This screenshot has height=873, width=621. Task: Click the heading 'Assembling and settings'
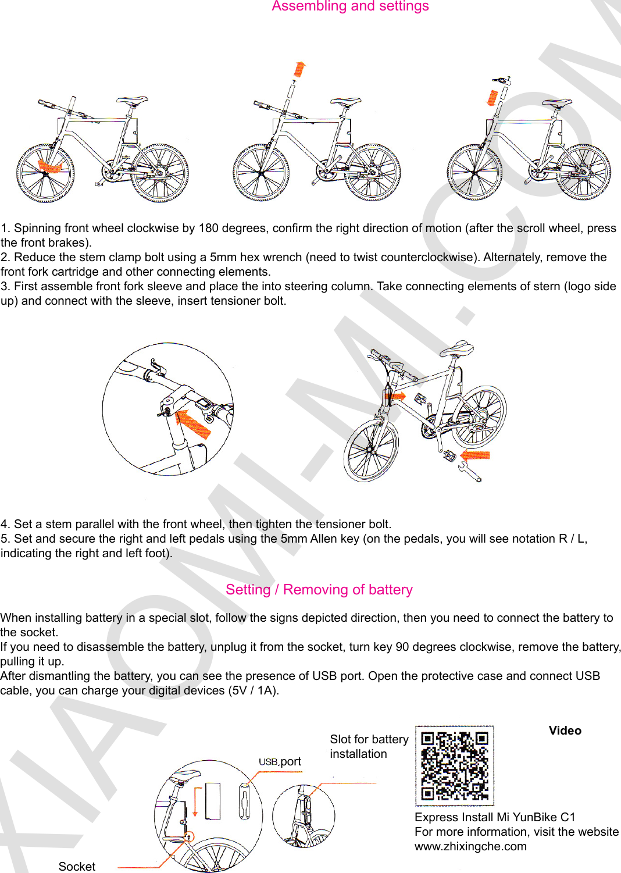(350, 6)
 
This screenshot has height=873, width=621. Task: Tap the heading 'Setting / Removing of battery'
(319, 590)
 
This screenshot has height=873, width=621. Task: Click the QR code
(454, 765)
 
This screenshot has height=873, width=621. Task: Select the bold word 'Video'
(565, 731)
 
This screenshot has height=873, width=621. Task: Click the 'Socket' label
(77, 866)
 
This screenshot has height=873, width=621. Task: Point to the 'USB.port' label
(280, 761)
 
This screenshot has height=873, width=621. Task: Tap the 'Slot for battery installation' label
(369, 746)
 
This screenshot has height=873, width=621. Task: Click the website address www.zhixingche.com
(470, 846)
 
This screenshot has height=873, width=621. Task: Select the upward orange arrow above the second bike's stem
(299, 69)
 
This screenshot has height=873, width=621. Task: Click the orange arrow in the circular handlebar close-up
(193, 423)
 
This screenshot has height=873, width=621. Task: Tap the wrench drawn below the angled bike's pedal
(470, 472)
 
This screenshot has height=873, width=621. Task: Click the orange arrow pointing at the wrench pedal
(476, 455)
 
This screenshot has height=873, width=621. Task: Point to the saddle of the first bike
(133, 101)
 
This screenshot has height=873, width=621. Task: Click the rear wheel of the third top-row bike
(583, 172)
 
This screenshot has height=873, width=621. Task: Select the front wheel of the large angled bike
(371, 450)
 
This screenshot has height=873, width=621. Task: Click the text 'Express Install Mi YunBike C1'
(495, 817)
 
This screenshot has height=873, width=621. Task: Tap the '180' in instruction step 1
(208, 228)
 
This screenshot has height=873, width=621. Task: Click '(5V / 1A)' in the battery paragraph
(253, 690)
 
